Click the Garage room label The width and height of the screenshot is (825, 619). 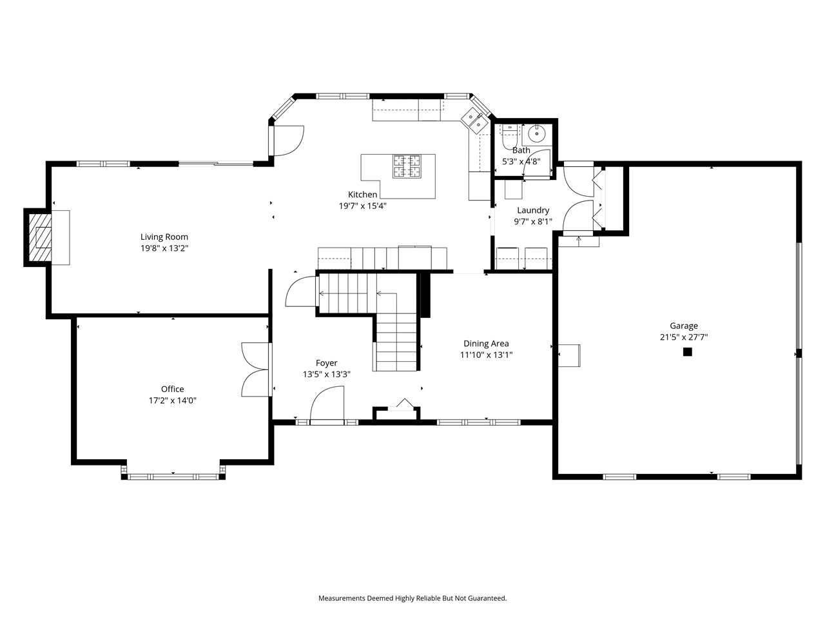point(683,326)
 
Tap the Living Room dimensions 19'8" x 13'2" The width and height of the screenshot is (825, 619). point(164,248)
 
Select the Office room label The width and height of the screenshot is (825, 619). point(172,389)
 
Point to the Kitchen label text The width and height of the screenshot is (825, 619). point(362,195)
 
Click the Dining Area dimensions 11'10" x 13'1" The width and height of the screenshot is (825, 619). point(486,355)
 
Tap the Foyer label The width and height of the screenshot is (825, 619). point(326,363)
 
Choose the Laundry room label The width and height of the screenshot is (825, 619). point(532,210)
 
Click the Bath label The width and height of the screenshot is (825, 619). point(521,150)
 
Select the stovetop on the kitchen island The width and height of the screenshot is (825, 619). point(407,166)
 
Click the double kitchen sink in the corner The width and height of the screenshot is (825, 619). point(476,121)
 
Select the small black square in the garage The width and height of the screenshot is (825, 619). point(687,352)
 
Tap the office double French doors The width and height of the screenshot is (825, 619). point(256,369)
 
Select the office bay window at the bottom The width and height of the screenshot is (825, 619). point(173,477)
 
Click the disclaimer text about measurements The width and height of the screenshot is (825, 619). point(412,598)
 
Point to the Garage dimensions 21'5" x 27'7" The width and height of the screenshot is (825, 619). point(683,337)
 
